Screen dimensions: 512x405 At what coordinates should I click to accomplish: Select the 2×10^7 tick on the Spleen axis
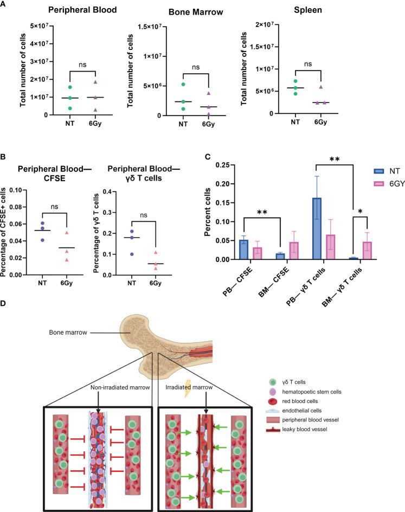pos(280,26)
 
